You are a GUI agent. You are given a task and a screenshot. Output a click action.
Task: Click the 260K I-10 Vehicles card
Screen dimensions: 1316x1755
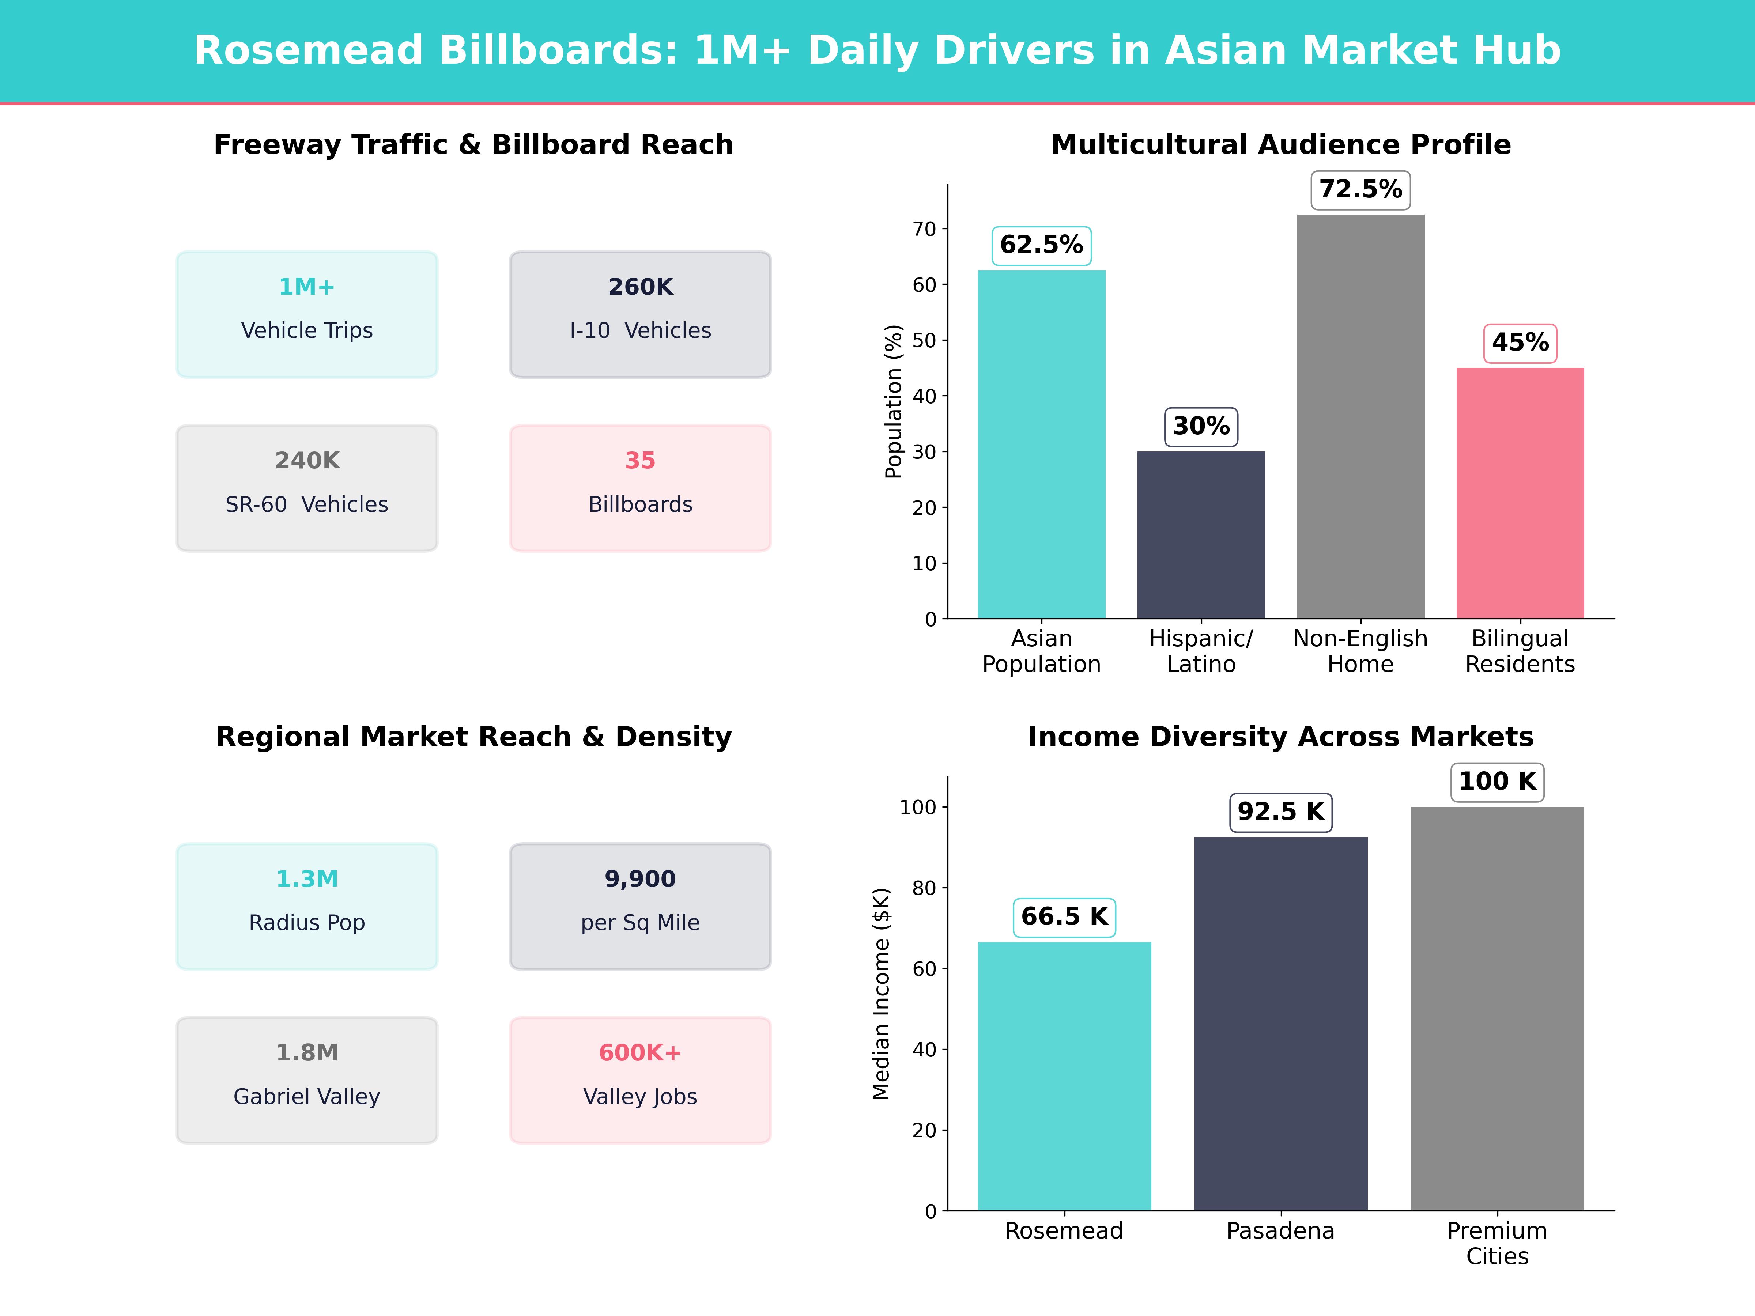click(640, 314)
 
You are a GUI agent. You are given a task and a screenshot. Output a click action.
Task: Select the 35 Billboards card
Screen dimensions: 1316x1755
click(640, 488)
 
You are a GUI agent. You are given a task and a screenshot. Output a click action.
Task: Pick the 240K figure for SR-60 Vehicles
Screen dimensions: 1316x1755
click(307, 461)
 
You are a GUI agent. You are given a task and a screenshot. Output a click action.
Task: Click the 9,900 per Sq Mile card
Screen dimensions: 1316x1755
click(640, 906)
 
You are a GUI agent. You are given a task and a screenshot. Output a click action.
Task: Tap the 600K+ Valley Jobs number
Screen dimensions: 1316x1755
click(640, 1053)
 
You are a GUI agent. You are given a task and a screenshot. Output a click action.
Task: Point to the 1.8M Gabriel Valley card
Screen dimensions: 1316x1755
click(307, 1079)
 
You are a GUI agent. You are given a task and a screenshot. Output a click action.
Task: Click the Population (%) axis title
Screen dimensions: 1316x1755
click(893, 401)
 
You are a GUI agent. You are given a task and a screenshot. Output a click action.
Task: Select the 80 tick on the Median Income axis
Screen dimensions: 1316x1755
click(924, 888)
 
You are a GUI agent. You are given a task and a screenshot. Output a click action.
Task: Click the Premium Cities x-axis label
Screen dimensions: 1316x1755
click(1497, 1243)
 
